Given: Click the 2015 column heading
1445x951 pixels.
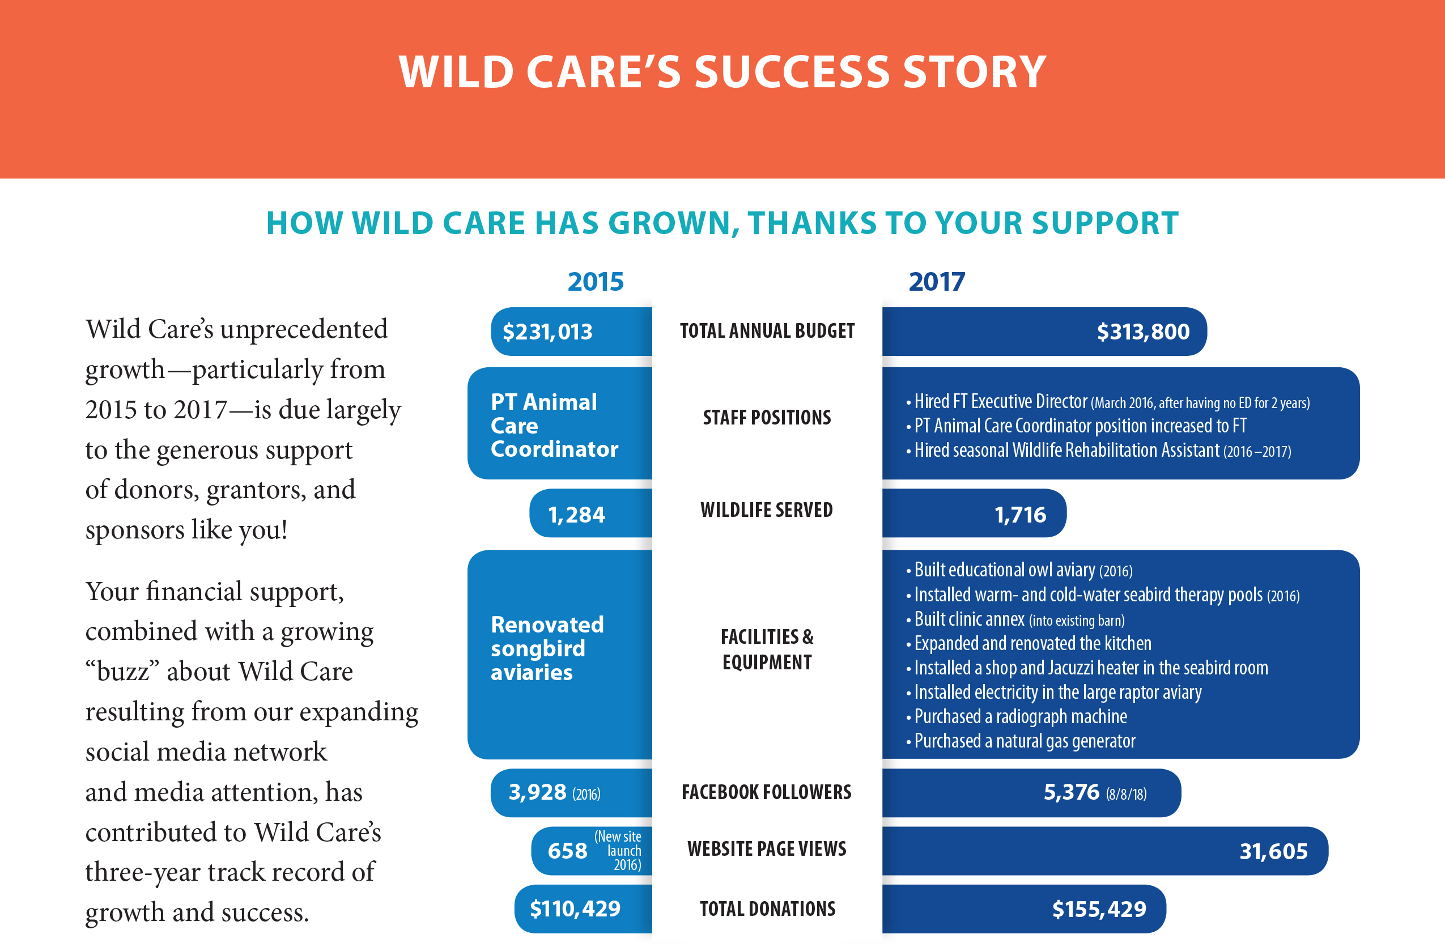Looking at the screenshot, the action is (596, 282).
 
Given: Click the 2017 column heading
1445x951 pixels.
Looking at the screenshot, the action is (936, 282).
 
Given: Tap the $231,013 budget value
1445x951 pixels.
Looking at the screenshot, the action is (547, 332).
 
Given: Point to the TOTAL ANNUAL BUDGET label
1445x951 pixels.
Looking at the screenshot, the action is (767, 331).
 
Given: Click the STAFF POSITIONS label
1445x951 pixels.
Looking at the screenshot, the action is (767, 418).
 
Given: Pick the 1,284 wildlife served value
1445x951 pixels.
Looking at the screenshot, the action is (576, 515).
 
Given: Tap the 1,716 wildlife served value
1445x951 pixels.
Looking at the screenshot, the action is (1020, 515).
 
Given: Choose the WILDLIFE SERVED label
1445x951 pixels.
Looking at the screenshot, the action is (766, 510).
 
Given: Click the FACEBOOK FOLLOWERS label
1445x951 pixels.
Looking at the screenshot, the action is (766, 792).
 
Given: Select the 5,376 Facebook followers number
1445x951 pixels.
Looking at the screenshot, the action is (1071, 792).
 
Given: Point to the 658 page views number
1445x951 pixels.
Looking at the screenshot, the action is (567, 851).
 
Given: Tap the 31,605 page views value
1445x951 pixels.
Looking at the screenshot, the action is (1273, 852).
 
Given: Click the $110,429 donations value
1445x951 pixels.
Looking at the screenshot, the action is (575, 909).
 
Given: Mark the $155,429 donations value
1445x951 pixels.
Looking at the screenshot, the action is (1099, 910).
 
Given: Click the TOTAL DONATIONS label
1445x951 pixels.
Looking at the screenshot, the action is (767, 909).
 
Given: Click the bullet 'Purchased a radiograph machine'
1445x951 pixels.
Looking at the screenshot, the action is (1017, 717).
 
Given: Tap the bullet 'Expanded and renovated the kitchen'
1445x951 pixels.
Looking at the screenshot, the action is (1028, 644).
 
